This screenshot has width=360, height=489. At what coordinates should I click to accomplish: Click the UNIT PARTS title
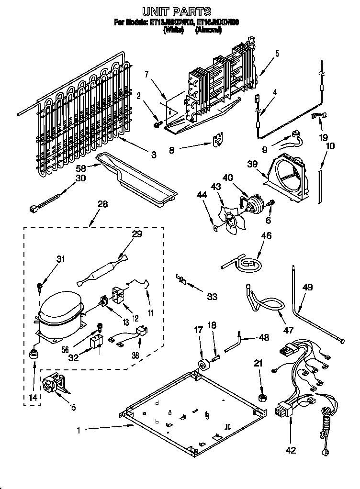click(177, 11)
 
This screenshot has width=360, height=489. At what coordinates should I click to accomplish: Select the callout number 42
click(290, 450)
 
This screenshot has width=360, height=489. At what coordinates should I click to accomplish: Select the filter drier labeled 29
click(103, 271)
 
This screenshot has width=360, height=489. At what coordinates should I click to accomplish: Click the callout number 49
click(307, 288)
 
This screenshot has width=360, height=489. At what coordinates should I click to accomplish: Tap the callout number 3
click(154, 155)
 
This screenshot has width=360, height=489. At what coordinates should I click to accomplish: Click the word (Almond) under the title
click(208, 30)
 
